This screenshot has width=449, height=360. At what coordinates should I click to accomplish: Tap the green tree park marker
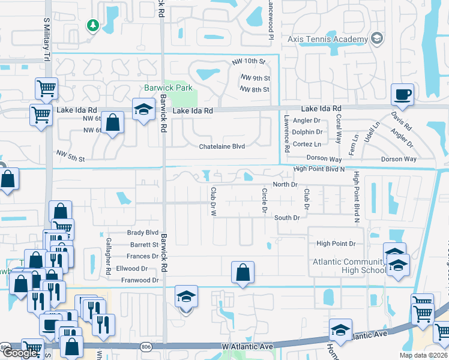[x=92, y=25]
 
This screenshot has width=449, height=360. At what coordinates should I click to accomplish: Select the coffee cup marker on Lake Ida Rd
[x=402, y=94]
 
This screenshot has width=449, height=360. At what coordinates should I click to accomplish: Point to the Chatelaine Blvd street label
[x=222, y=146]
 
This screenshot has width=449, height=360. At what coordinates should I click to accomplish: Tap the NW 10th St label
[x=249, y=62]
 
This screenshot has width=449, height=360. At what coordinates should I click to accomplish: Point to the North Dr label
[x=285, y=184]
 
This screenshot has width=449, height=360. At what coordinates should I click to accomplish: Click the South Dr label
[x=287, y=217]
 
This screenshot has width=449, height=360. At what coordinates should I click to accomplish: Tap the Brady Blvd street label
[x=142, y=232]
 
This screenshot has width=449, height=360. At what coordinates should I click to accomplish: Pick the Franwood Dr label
[x=139, y=280]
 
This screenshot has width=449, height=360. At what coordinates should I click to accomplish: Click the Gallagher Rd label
[x=108, y=262]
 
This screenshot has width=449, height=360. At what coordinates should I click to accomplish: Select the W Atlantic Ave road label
[x=247, y=346]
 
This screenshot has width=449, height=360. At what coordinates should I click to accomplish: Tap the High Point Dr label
[x=336, y=244]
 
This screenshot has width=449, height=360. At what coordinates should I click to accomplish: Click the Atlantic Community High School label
[x=348, y=266]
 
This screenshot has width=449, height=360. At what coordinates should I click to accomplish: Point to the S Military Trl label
[x=46, y=39]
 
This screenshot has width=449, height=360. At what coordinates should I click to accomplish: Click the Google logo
[x=19, y=353]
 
